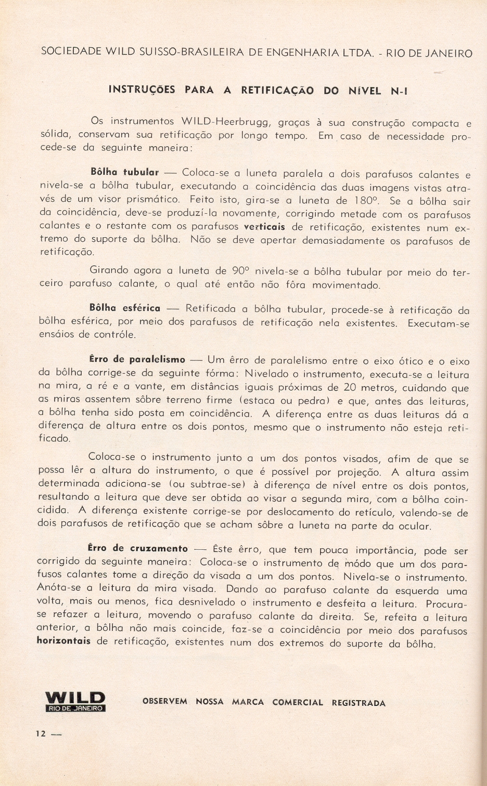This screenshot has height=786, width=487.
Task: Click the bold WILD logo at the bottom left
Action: click(75, 698)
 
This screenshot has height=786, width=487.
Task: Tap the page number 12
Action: click(41, 733)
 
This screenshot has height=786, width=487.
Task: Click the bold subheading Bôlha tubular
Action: click(124, 172)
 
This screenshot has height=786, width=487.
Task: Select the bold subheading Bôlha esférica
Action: click(125, 308)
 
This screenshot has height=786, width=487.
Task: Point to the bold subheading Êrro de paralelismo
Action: click(137, 359)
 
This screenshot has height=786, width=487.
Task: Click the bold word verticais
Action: click(264, 227)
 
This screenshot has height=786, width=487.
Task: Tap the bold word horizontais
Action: click(64, 641)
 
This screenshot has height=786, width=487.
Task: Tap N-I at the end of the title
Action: click(399, 91)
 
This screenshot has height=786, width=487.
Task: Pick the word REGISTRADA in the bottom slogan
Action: click(358, 703)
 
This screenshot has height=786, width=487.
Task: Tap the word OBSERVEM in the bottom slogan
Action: click(165, 701)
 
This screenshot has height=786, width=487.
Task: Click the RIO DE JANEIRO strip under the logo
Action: click(75, 708)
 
